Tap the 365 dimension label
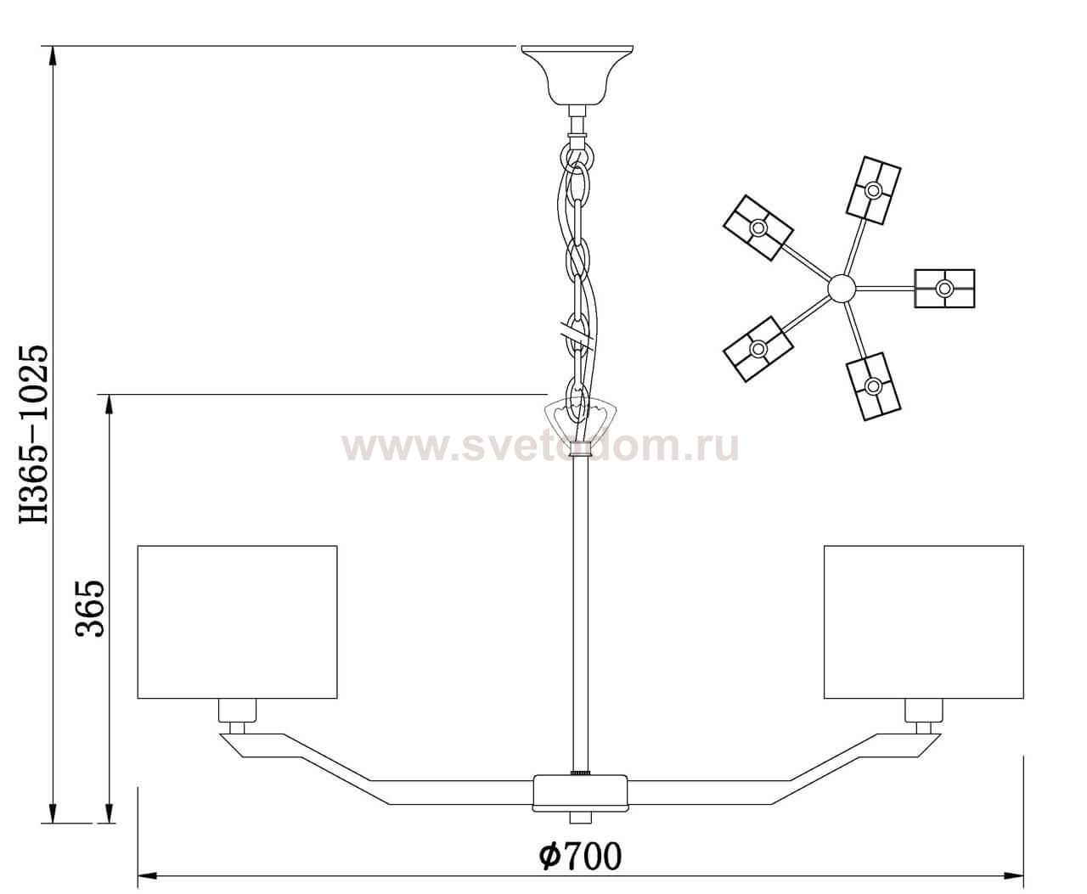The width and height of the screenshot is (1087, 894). (x=90, y=608)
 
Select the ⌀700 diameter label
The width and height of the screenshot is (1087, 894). (x=580, y=856)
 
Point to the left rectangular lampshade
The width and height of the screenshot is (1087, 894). (x=238, y=622)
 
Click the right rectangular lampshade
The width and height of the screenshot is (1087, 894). (x=923, y=622)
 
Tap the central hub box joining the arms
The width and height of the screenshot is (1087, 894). (x=579, y=792)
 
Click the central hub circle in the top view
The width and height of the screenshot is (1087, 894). (x=841, y=288)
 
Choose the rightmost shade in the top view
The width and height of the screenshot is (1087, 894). (x=944, y=288)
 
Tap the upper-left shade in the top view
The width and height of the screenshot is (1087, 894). (x=758, y=228)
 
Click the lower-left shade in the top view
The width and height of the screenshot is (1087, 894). (x=758, y=348)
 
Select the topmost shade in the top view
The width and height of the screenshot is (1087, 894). (x=873, y=189)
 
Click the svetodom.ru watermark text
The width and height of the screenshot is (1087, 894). (x=540, y=446)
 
